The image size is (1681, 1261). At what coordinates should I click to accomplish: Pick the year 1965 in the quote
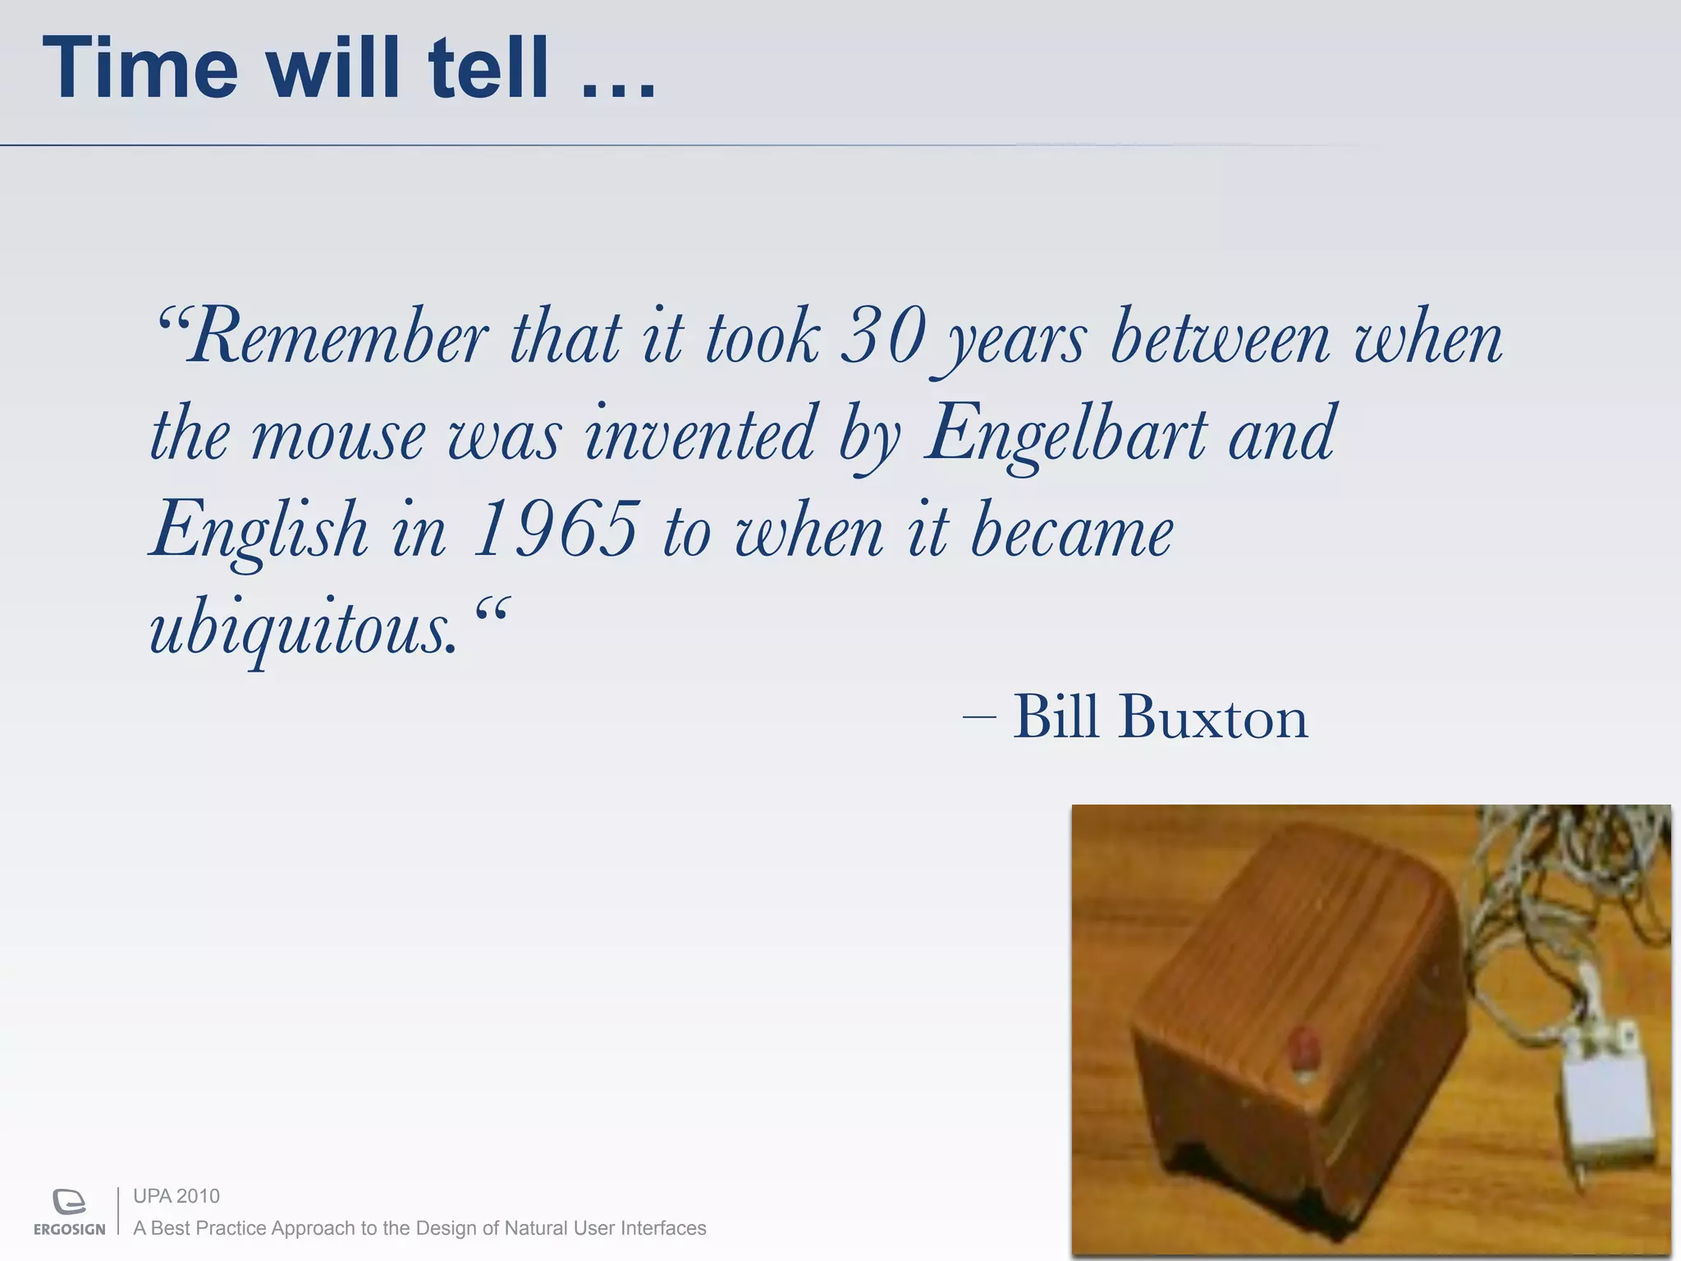tap(556, 530)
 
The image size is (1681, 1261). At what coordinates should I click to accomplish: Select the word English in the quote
tap(259, 530)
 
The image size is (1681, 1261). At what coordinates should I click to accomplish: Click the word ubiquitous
tap(302, 628)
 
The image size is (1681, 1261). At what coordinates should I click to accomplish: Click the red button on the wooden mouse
tap(1303, 1051)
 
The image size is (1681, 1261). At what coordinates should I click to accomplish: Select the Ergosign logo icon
tap(69, 1201)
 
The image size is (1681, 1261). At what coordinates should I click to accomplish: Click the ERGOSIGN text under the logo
tap(69, 1229)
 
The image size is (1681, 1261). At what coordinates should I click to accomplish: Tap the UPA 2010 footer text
tap(176, 1196)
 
